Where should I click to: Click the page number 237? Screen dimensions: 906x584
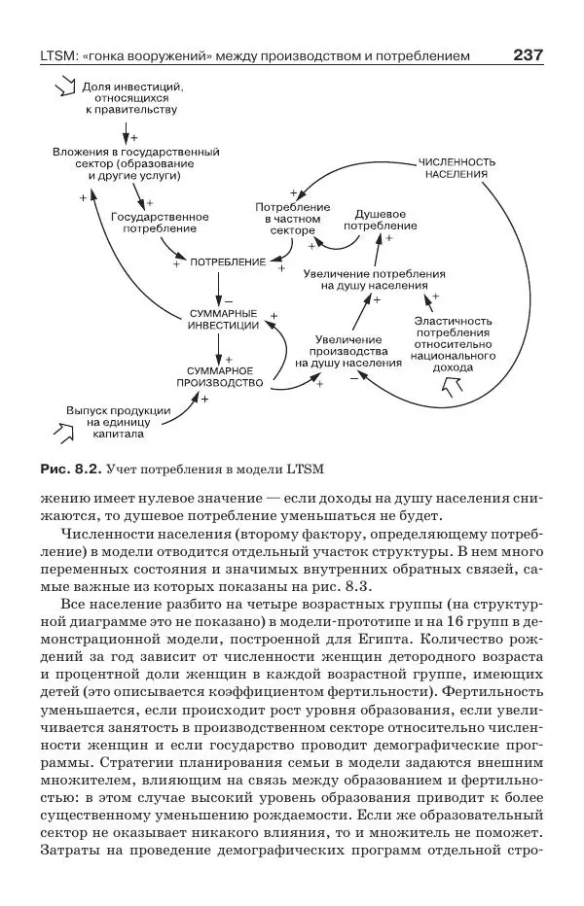point(527,55)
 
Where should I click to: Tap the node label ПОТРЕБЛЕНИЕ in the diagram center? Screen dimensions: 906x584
point(228,262)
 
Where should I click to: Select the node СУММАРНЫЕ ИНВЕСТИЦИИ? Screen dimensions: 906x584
point(223,319)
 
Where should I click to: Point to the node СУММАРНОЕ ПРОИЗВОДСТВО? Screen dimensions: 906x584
point(220,376)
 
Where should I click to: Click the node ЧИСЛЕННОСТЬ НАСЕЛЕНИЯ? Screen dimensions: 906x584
point(456,166)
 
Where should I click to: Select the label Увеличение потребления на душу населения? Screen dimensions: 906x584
point(374,280)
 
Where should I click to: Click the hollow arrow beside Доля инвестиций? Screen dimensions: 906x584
point(65,88)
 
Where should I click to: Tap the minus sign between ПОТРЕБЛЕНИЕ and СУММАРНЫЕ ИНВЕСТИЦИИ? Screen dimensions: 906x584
point(231,298)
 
